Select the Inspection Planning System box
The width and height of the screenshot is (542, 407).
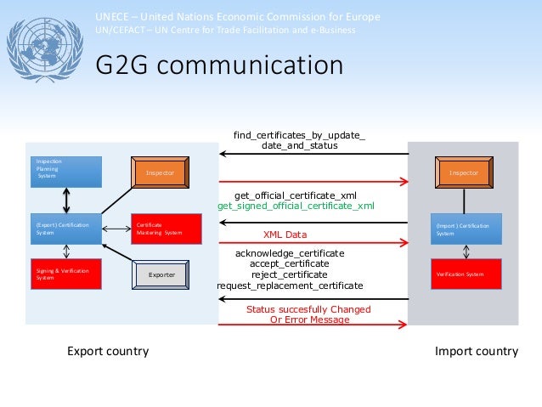66,172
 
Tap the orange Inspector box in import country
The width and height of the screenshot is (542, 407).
464,172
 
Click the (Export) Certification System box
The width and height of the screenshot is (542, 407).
66,228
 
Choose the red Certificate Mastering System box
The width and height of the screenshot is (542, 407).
167,228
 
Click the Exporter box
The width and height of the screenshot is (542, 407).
161,274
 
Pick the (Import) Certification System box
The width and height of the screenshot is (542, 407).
466,228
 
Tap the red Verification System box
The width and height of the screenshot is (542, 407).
466,274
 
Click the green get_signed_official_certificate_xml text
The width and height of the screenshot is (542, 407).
296,206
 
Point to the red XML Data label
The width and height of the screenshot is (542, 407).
285,235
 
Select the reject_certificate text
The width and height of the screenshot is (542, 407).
289,274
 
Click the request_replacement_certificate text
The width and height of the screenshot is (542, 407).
290,285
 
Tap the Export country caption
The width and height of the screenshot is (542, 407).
108,351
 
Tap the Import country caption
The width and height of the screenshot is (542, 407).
476,351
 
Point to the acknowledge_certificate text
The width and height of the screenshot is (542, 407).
290,253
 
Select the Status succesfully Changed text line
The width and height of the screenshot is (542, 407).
297,310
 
